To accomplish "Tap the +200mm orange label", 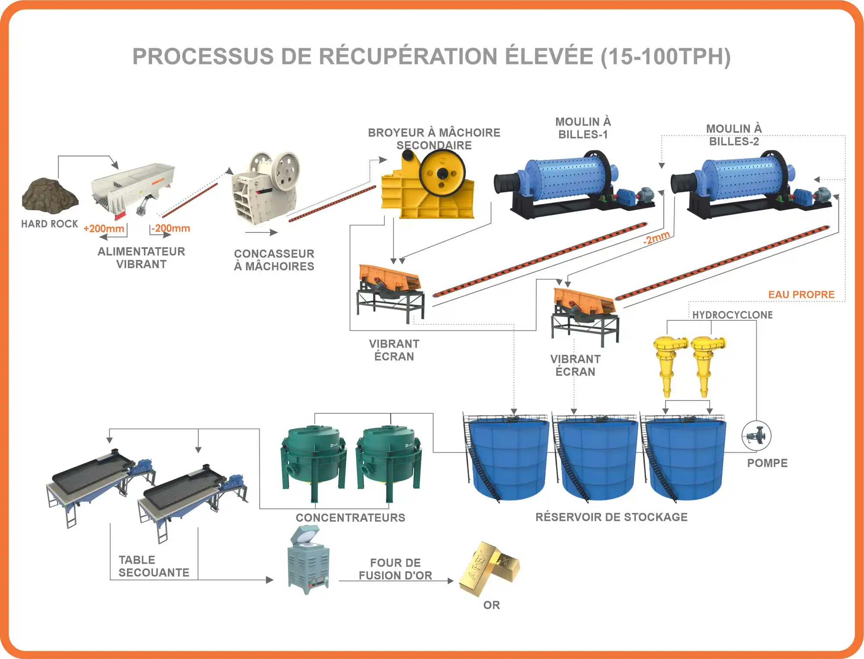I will point(104,228).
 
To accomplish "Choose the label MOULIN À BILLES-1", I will point(583,128).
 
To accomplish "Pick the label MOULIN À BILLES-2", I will point(734,135).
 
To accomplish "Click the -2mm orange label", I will point(656,238).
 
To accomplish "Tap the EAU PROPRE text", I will point(801,295).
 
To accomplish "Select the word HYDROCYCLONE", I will point(732,315).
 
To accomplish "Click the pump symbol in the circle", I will point(756,435).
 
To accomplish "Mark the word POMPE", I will point(767,463).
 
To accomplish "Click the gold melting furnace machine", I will point(308,561).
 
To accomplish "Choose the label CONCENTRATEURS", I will point(350,517).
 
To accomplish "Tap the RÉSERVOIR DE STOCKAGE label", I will point(611,517).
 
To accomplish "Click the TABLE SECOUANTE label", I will point(154,566).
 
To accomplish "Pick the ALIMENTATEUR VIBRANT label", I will point(141,258).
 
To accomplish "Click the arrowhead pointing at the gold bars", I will point(451,581).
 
